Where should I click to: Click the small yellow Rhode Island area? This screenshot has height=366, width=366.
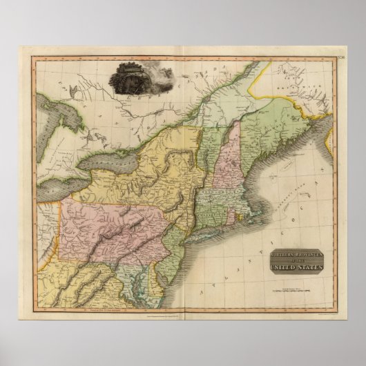(x=239, y=206)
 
